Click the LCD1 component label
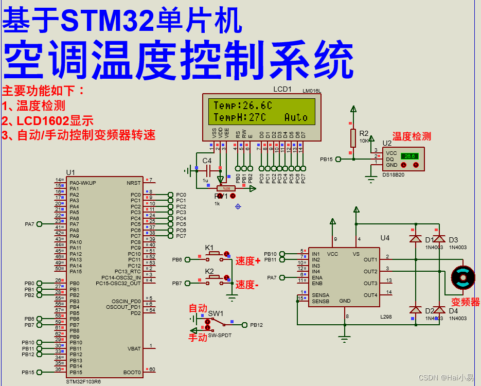coord(282,89)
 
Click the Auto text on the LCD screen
coord(296,117)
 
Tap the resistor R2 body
coord(353,137)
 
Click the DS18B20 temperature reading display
coord(409,156)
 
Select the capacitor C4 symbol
coord(207,170)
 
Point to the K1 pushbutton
coord(214,254)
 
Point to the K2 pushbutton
coord(214,277)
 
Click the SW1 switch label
coord(216,313)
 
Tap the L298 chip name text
coord(386,317)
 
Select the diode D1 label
coord(429,240)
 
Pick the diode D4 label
coord(453,311)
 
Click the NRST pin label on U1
coord(133,183)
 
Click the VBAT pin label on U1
coord(133,348)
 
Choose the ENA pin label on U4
coord(317,277)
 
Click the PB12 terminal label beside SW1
coord(256,325)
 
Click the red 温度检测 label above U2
coord(412,136)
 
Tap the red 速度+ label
coord(248,261)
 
